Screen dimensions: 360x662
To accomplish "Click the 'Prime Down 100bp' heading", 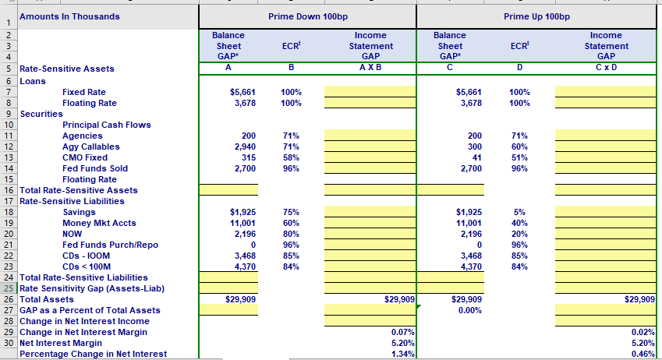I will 307,16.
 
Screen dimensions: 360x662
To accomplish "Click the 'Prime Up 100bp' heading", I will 537,16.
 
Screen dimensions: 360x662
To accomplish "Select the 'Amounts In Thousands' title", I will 69,16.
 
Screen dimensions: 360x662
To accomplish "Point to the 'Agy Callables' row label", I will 91,146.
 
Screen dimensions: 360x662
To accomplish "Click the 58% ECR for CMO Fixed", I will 291,157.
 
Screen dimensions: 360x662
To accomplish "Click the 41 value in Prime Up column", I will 476,157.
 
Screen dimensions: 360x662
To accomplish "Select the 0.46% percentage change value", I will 641,354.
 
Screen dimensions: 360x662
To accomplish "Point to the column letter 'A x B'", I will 370,68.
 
